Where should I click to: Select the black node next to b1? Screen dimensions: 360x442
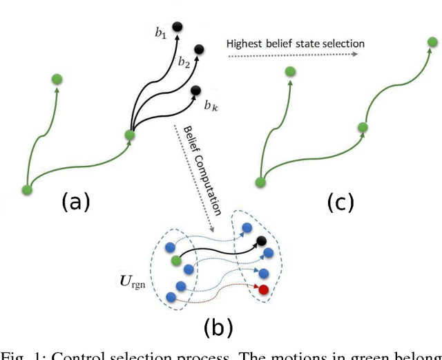tap(177, 26)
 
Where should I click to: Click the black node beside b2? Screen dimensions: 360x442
tap(199, 49)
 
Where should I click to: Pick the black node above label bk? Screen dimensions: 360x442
tap(195, 90)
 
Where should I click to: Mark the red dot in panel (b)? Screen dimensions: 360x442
tap(262, 288)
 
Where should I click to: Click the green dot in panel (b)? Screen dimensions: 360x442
tap(176, 260)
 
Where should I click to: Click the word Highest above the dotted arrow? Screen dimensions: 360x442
tap(244, 44)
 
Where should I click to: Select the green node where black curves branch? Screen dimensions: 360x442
tap(129, 135)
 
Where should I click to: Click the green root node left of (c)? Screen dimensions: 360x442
tap(260, 182)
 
